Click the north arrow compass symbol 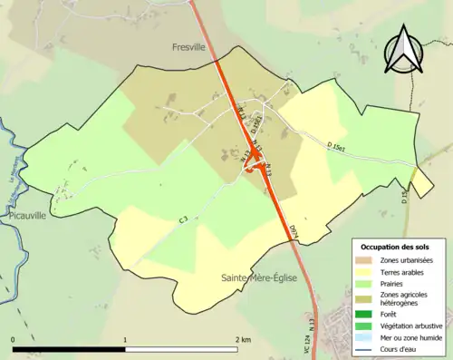click(x=405, y=50)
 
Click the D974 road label click(x=294, y=231)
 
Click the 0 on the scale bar click(x=14, y=340)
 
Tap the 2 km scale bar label click(x=242, y=340)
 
